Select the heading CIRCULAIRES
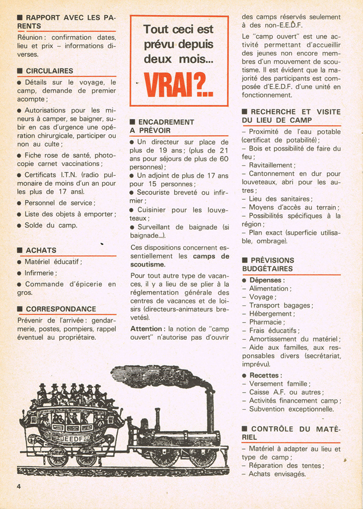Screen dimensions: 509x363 (x=49, y=71)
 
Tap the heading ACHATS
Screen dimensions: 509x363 (x=41, y=250)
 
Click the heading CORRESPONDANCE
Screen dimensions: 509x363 (x=61, y=309)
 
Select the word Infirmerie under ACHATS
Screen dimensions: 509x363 (x=41, y=273)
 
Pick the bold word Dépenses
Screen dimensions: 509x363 (x=267, y=280)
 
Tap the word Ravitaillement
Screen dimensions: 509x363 (x=271, y=165)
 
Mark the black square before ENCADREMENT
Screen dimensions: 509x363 (x=133, y=122)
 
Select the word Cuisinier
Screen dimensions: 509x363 (x=155, y=210)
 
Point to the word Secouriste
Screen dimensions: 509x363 (x=157, y=192)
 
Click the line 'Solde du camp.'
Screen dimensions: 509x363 (x=51, y=225)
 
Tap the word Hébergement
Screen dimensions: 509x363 (x=271, y=314)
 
